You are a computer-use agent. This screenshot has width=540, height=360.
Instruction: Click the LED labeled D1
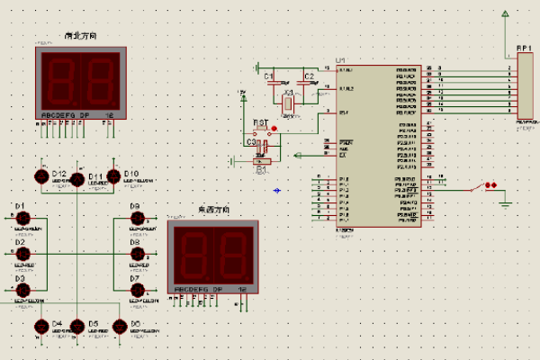pyautogui.click(x=24, y=218)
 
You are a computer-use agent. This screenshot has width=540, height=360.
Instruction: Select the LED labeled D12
pyautogui.click(x=41, y=176)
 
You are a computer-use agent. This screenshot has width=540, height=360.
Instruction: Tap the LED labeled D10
pyautogui.click(x=113, y=176)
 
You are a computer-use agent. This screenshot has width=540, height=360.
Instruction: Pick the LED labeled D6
pyautogui.click(x=120, y=327)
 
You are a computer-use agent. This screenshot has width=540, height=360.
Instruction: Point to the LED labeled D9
pyautogui.click(x=138, y=218)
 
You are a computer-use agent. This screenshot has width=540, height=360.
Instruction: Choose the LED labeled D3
pyautogui.click(x=24, y=290)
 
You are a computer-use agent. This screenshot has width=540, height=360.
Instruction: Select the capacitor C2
pyautogui.click(x=309, y=85)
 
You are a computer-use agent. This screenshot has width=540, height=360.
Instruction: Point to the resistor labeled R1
pyautogui.click(x=262, y=159)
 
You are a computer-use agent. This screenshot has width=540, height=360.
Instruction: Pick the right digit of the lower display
pyautogui.click(x=231, y=256)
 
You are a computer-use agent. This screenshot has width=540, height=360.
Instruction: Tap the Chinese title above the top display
pyautogui.click(x=81, y=35)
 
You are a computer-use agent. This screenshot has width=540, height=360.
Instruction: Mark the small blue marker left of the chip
pyautogui.click(x=277, y=190)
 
